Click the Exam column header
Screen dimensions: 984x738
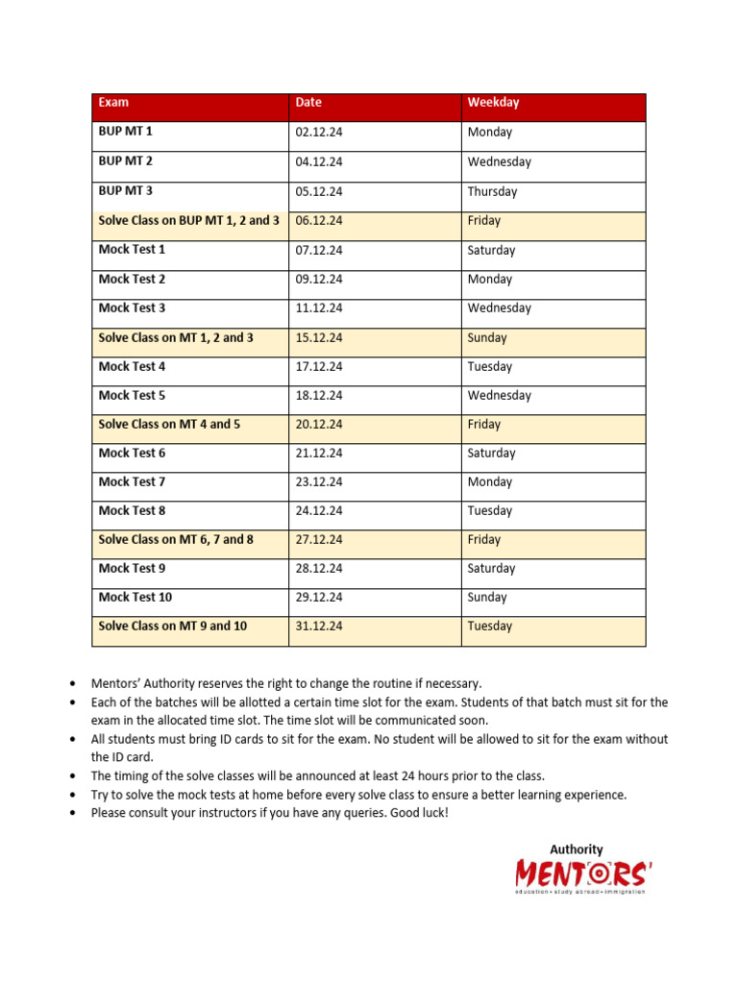point(113,102)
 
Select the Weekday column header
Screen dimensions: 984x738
point(493,102)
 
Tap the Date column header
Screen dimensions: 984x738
point(308,102)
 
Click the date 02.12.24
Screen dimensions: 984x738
point(319,133)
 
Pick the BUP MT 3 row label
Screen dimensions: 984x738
point(126,191)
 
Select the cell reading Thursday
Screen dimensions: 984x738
point(492,191)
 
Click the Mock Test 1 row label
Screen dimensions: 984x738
point(132,250)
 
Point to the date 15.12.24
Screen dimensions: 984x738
point(319,337)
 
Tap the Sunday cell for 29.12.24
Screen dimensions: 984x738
point(487,597)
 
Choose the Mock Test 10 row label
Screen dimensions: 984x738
point(135,597)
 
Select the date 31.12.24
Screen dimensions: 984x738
point(319,626)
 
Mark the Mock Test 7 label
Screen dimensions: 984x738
point(132,481)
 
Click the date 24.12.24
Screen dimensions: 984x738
point(319,510)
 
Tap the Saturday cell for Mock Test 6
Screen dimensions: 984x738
point(491,453)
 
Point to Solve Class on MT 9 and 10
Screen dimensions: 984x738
point(173,626)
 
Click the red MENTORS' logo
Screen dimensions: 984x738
point(583,873)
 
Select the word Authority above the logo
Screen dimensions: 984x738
point(577,849)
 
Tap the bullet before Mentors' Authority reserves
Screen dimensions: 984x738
point(75,683)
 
